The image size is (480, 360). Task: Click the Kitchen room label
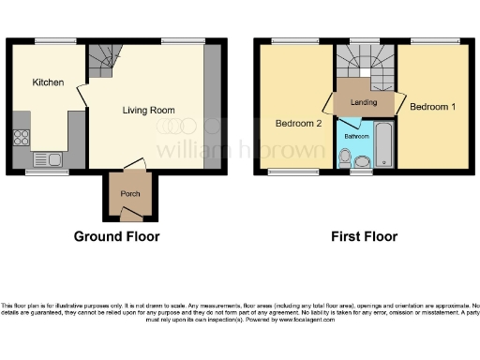(48, 82)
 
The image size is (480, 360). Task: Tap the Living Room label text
(149, 111)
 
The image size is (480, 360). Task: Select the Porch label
(129, 194)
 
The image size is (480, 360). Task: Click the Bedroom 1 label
(433, 107)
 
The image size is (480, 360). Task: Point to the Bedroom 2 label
(298, 124)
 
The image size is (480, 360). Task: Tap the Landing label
(364, 102)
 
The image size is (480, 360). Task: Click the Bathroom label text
(356, 137)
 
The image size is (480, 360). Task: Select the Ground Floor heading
(116, 237)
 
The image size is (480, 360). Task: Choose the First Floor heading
(364, 237)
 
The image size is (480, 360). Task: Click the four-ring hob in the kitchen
(22, 138)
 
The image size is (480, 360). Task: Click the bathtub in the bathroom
(384, 143)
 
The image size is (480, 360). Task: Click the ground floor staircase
(100, 64)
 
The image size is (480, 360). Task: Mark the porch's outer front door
(129, 215)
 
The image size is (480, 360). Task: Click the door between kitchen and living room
(82, 94)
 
